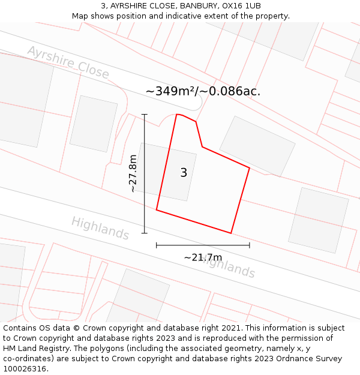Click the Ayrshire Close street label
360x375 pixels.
(68, 62)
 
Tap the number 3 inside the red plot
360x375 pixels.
(184, 173)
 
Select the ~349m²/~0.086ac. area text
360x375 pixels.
(203, 91)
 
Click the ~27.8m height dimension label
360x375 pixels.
(133, 173)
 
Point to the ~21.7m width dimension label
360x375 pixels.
(203, 257)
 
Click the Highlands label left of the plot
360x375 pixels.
(100, 228)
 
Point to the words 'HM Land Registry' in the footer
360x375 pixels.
(35, 349)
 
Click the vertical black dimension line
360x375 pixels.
(145, 173)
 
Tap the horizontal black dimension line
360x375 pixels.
(203, 245)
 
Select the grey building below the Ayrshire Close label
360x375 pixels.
(94, 124)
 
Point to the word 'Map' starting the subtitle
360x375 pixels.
(80, 16)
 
